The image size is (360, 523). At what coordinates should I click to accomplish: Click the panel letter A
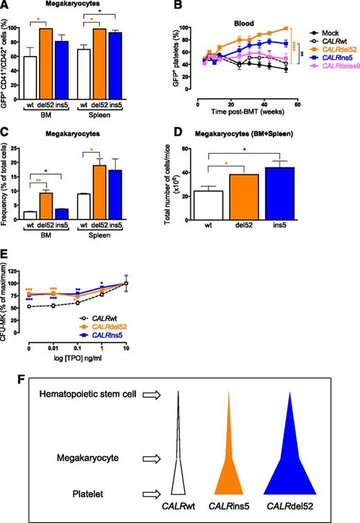click(x=6, y=6)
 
